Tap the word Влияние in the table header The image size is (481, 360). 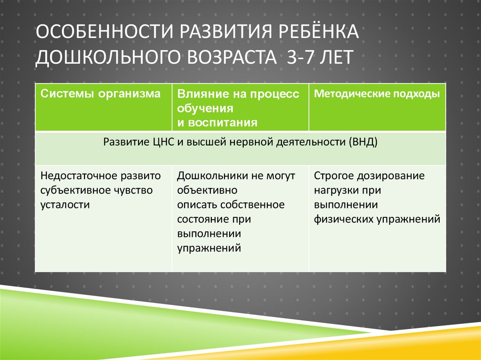coord(199,94)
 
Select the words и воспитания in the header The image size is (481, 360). coord(217,123)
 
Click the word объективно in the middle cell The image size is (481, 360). coord(207,190)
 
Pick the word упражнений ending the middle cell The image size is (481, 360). coord(209,248)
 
